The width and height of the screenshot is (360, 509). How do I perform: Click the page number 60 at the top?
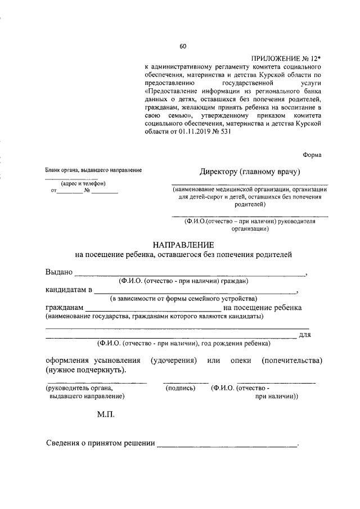[183, 46]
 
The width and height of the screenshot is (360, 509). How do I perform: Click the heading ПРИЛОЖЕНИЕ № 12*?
[286, 58]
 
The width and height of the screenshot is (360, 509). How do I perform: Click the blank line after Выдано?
[190, 275]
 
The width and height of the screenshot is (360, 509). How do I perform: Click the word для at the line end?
[305, 336]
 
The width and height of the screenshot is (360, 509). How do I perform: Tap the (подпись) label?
[179, 388]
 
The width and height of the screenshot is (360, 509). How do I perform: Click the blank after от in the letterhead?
[70, 192]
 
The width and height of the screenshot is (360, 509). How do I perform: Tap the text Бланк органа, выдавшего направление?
[93, 170]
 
